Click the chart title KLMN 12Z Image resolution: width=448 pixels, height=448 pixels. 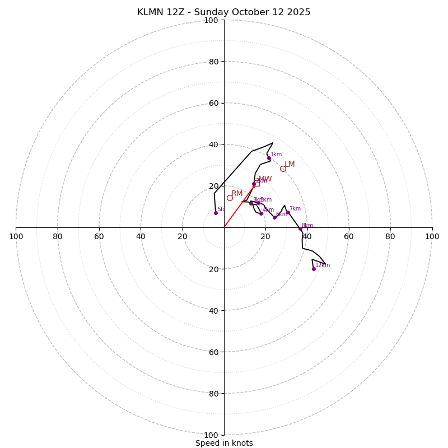[x=160, y=12]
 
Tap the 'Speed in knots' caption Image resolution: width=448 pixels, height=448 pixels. [x=224, y=443]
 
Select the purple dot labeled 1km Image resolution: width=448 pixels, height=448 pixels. [x=269, y=158]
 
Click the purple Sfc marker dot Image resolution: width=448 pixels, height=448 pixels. [x=216, y=213]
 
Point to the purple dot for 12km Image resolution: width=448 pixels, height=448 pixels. [x=314, y=269]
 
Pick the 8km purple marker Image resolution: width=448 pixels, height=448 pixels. [x=300, y=228]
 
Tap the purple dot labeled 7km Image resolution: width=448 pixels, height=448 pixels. [x=288, y=212]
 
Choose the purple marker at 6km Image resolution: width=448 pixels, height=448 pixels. [x=274, y=217]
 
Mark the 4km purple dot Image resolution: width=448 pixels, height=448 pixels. [x=261, y=213]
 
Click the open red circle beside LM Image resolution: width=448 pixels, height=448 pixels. [x=283, y=169]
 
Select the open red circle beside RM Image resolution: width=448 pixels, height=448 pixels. [x=230, y=198]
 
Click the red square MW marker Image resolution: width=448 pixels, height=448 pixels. [x=256, y=183]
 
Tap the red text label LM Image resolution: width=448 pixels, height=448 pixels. [x=290, y=165]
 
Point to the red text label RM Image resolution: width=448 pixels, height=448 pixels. [x=237, y=194]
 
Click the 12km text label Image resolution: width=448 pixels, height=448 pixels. [x=323, y=265]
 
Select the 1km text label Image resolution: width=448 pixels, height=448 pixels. [x=276, y=155]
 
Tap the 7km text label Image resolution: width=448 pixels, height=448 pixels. [x=295, y=209]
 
